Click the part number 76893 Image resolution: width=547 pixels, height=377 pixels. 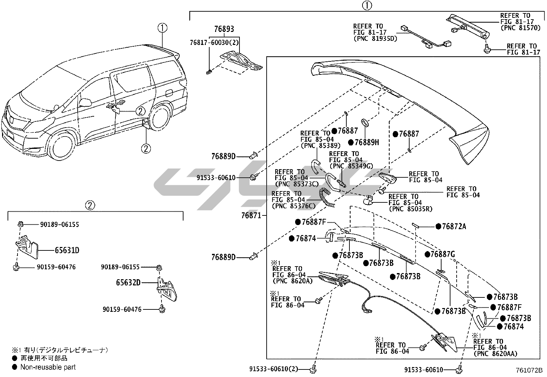click(x=224, y=29)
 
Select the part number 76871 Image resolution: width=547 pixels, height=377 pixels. click(x=251, y=215)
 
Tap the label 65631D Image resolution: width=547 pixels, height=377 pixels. click(x=67, y=250)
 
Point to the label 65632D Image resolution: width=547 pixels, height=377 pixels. click(x=128, y=283)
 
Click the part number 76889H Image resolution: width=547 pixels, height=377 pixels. click(x=367, y=142)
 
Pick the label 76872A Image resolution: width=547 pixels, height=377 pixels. click(x=454, y=226)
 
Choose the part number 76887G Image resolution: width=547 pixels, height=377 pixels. click(x=443, y=254)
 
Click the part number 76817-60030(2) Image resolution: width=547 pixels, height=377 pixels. click(x=214, y=43)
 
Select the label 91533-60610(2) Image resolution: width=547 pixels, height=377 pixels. click(x=274, y=369)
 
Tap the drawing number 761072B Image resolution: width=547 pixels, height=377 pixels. click(x=529, y=370)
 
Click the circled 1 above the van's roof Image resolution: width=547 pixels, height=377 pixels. click(x=163, y=28)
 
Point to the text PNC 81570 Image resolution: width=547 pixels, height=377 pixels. click(x=521, y=28)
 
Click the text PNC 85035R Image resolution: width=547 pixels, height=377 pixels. click(x=411, y=209)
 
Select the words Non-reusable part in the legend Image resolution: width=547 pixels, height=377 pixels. click(x=48, y=367)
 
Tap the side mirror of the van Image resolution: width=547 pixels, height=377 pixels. click(x=85, y=103)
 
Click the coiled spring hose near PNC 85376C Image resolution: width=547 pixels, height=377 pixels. click(x=326, y=198)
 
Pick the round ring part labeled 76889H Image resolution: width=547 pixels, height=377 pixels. click(x=365, y=123)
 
